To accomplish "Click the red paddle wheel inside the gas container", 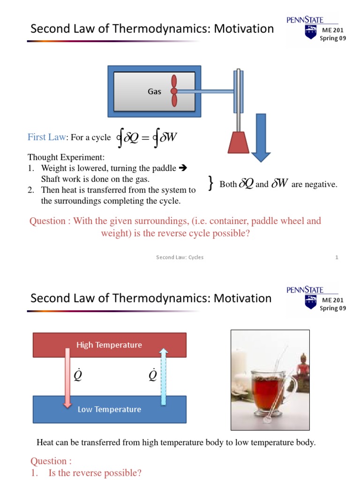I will pyautogui.click(x=174, y=91).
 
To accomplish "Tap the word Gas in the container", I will pyautogui.click(x=154, y=91).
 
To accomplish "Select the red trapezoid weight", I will pyautogui.click(x=239, y=142).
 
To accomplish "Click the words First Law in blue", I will pyautogui.click(x=46, y=137).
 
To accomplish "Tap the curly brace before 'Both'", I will pyautogui.click(x=211, y=184).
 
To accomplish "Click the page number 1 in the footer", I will pyautogui.click(x=337, y=257).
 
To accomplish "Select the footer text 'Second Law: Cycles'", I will pyautogui.click(x=180, y=257).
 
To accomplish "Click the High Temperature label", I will pyautogui.click(x=109, y=345).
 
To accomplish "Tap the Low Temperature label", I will pyautogui.click(x=109, y=409).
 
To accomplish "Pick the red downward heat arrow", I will pyautogui.click(x=67, y=377).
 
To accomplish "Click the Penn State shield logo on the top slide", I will pyautogui.click(x=310, y=32).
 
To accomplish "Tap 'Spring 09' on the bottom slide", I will pyautogui.click(x=333, y=308).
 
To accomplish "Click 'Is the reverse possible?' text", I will pyautogui.click(x=95, y=473).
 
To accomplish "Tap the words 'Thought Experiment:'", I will pyautogui.click(x=66, y=157).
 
